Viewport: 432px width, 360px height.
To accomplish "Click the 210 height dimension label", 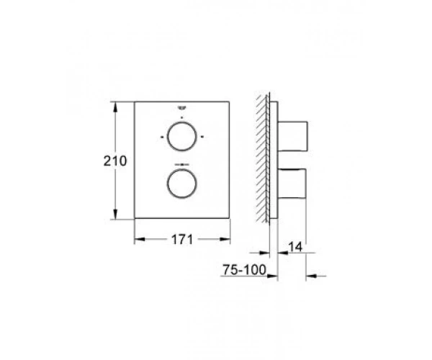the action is [115, 161].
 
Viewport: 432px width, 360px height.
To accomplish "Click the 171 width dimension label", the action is [182, 239].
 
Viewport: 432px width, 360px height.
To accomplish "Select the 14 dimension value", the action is [295, 247].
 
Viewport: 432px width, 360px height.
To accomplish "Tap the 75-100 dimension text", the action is [245, 270].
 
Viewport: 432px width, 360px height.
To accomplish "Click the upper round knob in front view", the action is [168, 137].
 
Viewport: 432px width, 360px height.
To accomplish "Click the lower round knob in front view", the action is [168, 183].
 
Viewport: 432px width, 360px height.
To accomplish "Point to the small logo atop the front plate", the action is [181, 107].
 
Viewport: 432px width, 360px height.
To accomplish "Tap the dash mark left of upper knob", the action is [162, 137].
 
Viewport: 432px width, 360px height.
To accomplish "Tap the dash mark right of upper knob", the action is [202, 137].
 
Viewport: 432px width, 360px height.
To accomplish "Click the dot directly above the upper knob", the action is [181, 117].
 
